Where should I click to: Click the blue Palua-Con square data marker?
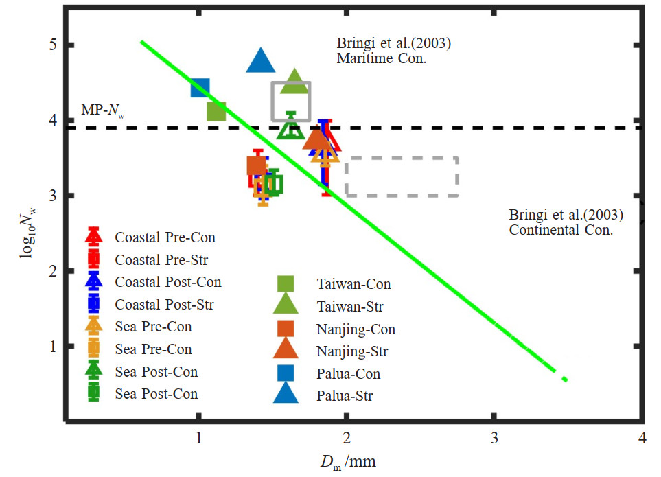point(200,88)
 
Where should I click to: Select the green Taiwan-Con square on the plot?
point(216,110)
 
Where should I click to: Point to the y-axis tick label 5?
point(51,45)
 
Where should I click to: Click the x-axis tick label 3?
point(494,438)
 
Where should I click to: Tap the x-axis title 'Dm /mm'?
point(346,463)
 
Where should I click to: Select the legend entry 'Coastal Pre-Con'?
point(165,238)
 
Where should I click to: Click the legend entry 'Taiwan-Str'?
point(349,306)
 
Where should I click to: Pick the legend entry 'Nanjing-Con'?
point(356,329)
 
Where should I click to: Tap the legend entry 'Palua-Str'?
point(345,396)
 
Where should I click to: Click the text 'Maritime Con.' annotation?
point(381,58)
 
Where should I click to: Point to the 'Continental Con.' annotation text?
point(560,230)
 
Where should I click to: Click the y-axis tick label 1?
point(51,347)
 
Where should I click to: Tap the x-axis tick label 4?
point(642,438)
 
